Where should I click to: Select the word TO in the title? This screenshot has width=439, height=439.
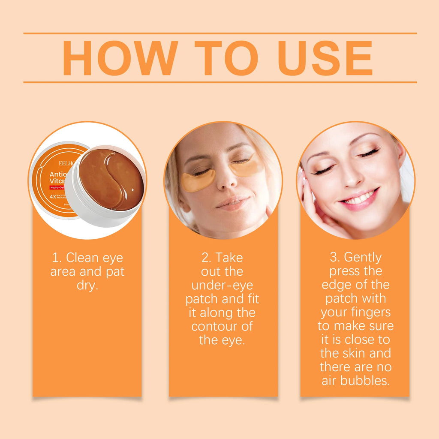click(226, 58)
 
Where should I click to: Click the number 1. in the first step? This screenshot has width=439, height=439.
click(57, 258)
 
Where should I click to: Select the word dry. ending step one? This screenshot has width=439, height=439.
click(87, 286)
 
